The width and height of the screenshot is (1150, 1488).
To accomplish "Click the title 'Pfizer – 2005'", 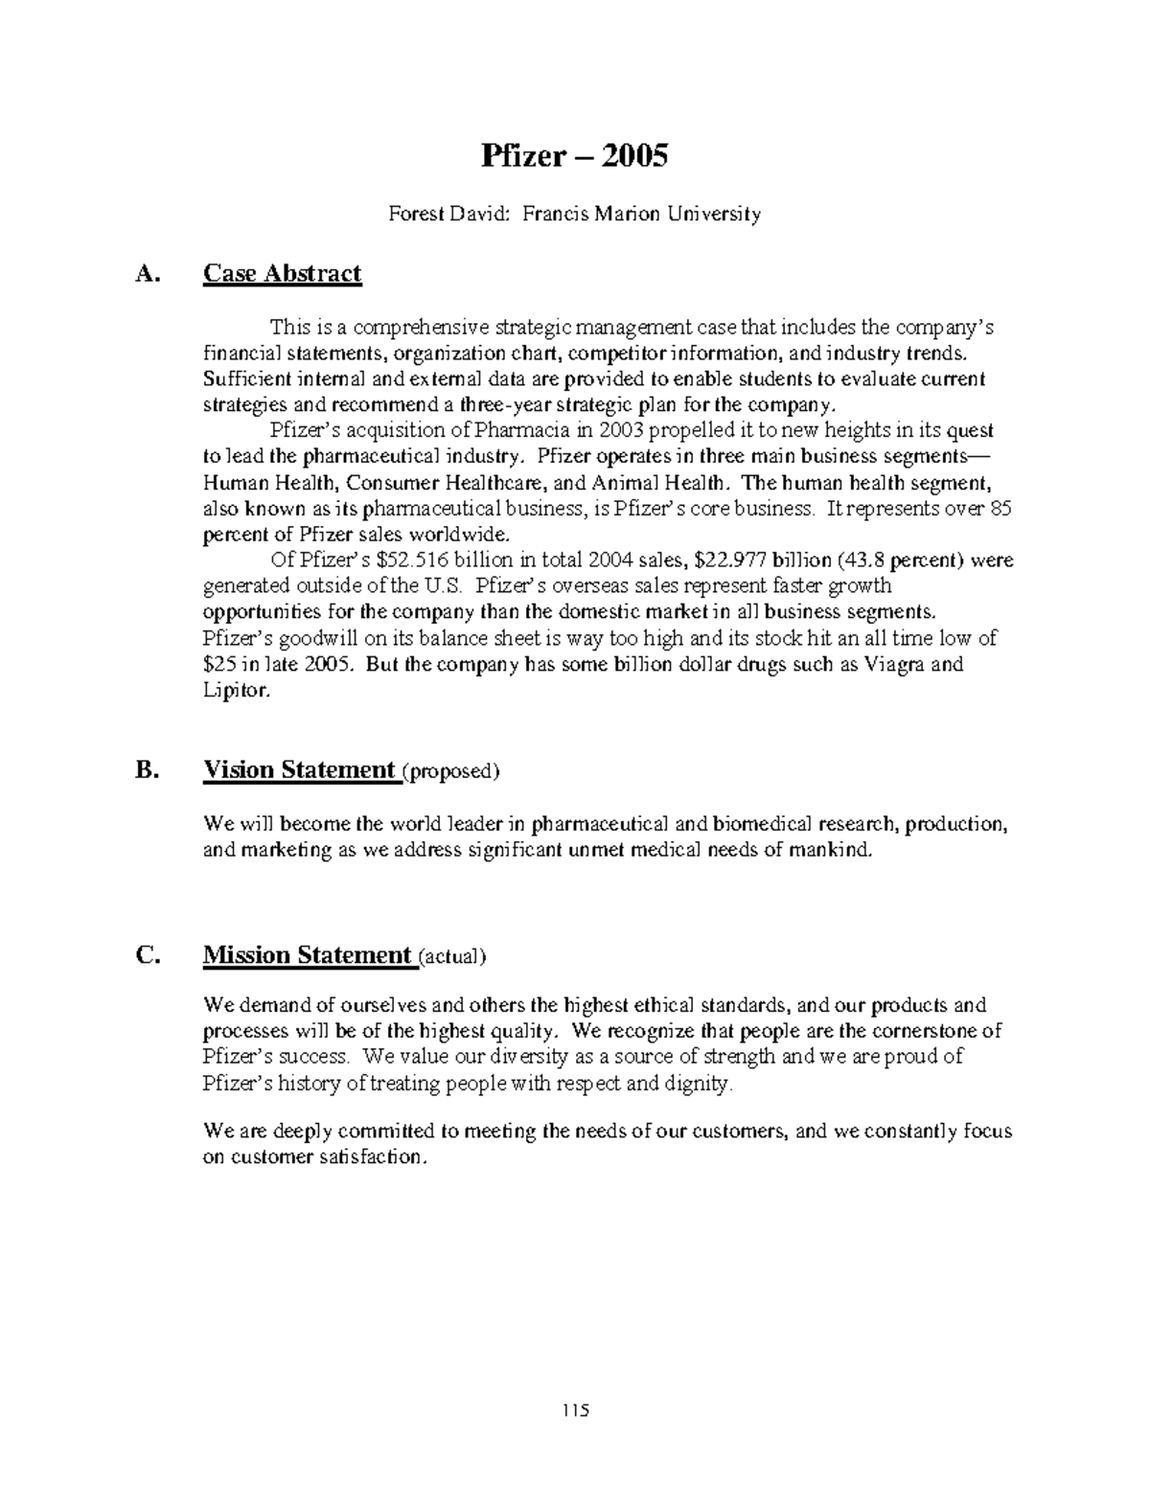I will [574, 155].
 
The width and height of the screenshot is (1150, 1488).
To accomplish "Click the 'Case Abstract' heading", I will [282, 274].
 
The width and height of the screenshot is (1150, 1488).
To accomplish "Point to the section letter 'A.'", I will [146, 275].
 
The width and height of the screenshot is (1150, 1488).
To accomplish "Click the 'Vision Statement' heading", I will [300, 770].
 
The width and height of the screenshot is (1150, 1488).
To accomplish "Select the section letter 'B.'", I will [146, 771].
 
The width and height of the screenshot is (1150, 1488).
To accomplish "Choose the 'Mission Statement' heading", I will [307, 955].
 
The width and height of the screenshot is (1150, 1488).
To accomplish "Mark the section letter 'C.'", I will [146, 956].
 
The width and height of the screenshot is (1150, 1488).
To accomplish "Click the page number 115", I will [575, 1410].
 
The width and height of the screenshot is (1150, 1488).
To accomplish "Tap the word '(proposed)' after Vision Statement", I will [450, 772].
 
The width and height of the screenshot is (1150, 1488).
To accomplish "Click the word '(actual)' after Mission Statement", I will [451, 957].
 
